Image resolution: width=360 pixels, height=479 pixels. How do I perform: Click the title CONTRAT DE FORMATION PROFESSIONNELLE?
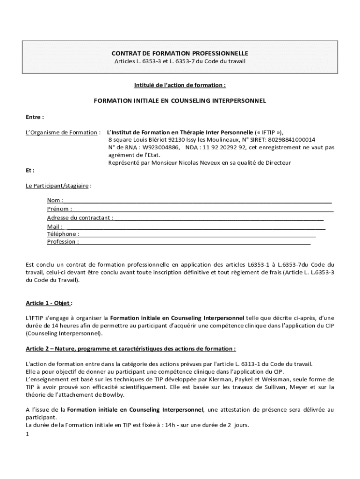click(x=180, y=53)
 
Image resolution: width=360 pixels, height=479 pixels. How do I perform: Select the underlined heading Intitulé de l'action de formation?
click(x=180, y=85)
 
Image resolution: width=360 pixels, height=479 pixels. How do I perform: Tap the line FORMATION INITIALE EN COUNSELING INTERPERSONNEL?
click(x=180, y=101)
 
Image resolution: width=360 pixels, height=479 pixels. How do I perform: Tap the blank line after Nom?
click(x=198, y=201)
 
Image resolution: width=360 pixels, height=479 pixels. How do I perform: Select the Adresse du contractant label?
click(x=80, y=218)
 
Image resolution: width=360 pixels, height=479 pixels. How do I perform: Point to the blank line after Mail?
click(x=196, y=226)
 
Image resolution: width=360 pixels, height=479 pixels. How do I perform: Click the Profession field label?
click(x=63, y=242)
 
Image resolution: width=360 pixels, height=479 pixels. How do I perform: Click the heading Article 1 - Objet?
click(x=49, y=303)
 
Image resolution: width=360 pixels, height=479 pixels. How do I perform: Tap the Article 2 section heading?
click(x=130, y=348)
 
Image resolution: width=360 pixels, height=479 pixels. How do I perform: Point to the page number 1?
click(x=28, y=434)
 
